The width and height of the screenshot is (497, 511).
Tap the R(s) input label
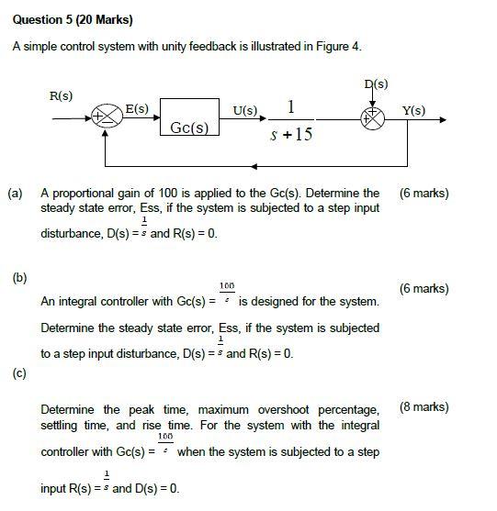(62, 96)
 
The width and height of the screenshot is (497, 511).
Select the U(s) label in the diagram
(245, 110)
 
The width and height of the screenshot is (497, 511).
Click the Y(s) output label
(414, 110)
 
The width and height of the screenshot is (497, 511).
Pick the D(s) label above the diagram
(376, 84)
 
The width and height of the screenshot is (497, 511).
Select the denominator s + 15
(292, 135)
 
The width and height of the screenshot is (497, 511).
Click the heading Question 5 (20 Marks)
(60, 19)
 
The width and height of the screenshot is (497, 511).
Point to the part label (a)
(16, 194)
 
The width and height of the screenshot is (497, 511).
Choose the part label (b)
(19, 276)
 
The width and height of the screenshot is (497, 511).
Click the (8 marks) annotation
(424, 406)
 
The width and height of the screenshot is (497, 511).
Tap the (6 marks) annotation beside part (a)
(424, 194)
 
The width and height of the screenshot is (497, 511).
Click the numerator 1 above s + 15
(291, 107)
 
